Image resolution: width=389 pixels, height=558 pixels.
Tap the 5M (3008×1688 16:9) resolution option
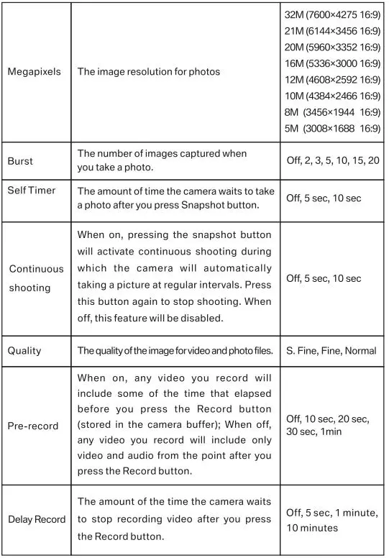coord(332,129)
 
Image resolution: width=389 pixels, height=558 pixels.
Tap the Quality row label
coord(24,351)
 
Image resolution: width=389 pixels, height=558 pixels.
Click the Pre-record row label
coord(33,426)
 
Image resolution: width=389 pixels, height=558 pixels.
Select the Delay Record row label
coord(36,519)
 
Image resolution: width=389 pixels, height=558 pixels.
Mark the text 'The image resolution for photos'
coord(149,72)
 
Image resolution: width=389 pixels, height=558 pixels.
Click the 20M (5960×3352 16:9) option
coord(332,47)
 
